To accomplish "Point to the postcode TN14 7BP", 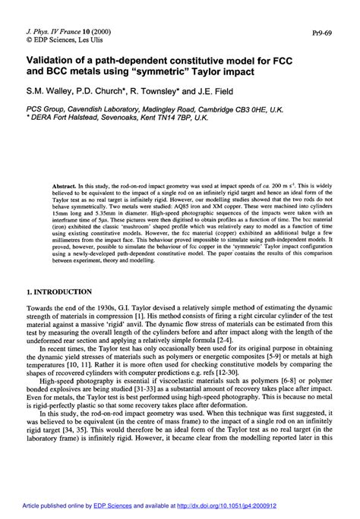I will (177, 117).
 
